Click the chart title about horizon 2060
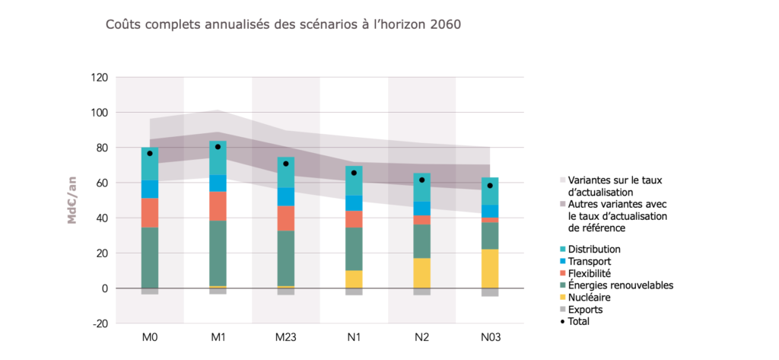pyautogui.click(x=282, y=24)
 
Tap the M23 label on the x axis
pyautogui.click(x=285, y=337)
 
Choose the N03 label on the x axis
pyautogui.click(x=490, y=337)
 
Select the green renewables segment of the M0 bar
pyautogui.click(x=150, y=257)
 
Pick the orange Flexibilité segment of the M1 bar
pyautogui.click(x=218, y=205)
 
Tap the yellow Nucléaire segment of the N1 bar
pyautogui.click(x=354, y=279)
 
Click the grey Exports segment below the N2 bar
pyautogui.click(x=421, y=292)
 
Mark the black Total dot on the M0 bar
pyautogui.click(x=150, y=154)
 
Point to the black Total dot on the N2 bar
pyautogui.click(x=421, y=180)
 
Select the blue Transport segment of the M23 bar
pyautogui.click(x=285, y=196)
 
